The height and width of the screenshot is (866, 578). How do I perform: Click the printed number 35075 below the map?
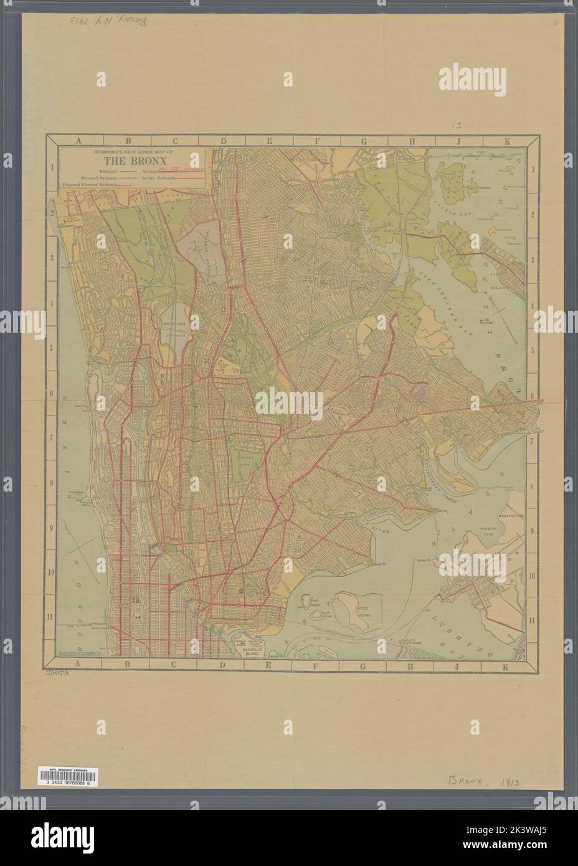point(58,672)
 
